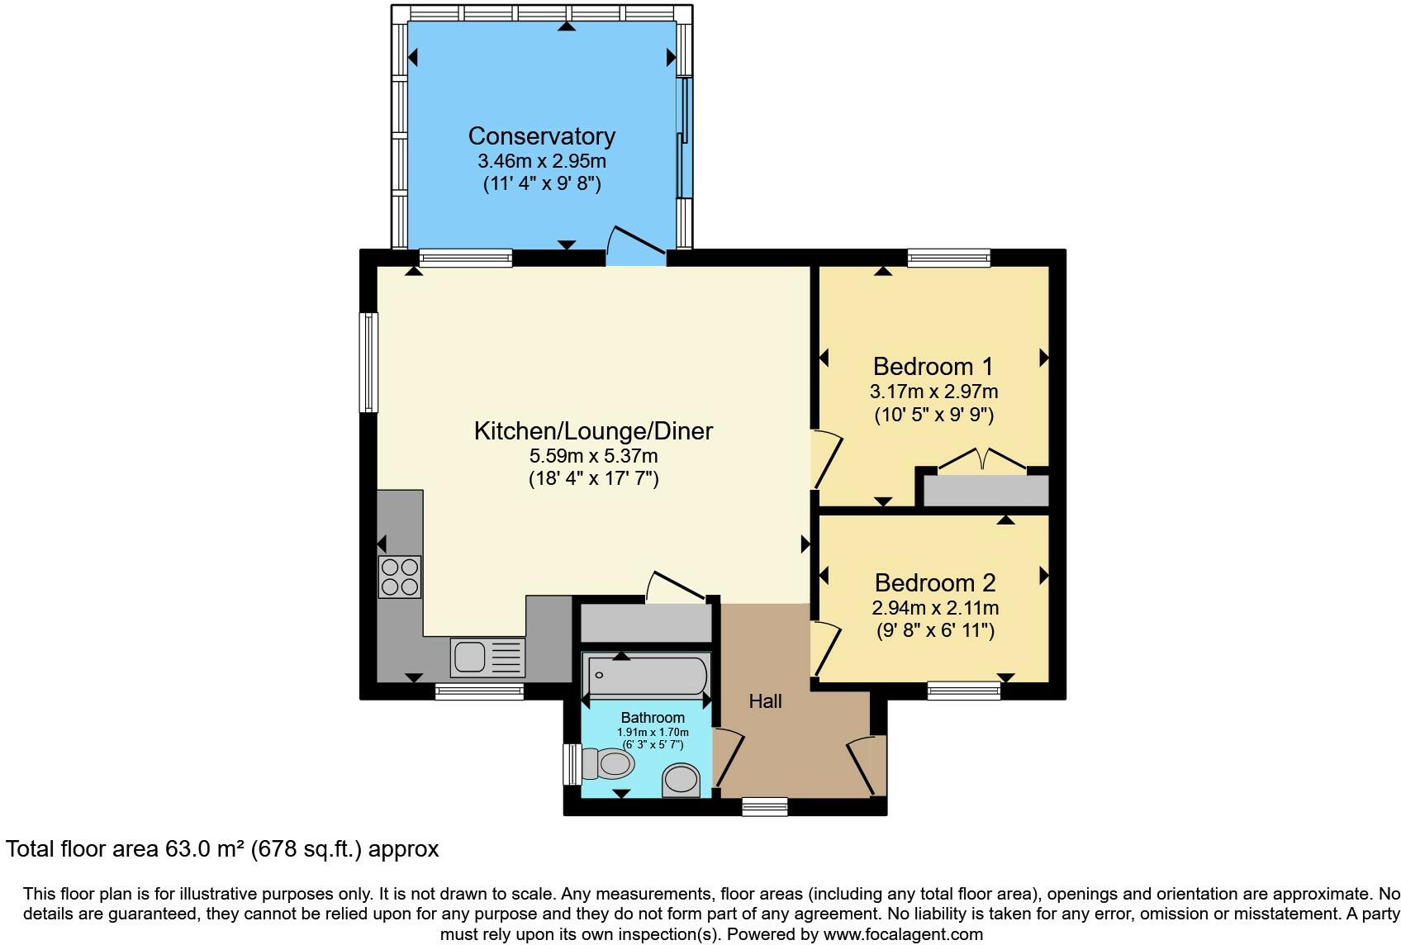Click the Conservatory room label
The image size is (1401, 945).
coord(541,136)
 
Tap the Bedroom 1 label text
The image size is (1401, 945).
coord(933,366)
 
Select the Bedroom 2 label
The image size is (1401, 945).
coord(934,583)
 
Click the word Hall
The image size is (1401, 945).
coord(765,701)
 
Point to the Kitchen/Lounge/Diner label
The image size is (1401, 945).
coord(592,431)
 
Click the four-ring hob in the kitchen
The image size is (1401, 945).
coord(399,577)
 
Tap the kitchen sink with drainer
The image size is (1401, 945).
coord(487,658)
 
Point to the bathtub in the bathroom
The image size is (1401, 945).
coord(645,675)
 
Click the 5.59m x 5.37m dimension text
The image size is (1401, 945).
coord(592,456)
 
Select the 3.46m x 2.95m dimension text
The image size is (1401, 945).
coord(541,161)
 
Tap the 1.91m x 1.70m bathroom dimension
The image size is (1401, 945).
coord(653,732)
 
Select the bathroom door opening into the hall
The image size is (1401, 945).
coord(729,756)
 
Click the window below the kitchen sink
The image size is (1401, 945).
coord(479,692)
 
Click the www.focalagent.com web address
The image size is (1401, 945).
coord(904,934)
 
